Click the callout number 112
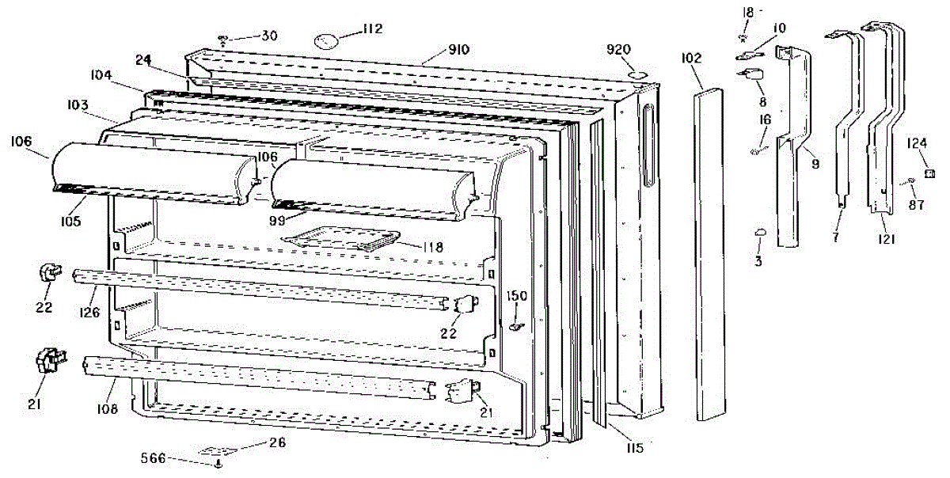(372, 29)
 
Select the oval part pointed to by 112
(326, 40)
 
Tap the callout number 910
(458, 49)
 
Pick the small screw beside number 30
(223, 40)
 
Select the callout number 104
(101, 75)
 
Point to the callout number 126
(89, 312)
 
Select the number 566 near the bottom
(154, 457)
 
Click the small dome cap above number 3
(760, 232)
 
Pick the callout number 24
(143, 59)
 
